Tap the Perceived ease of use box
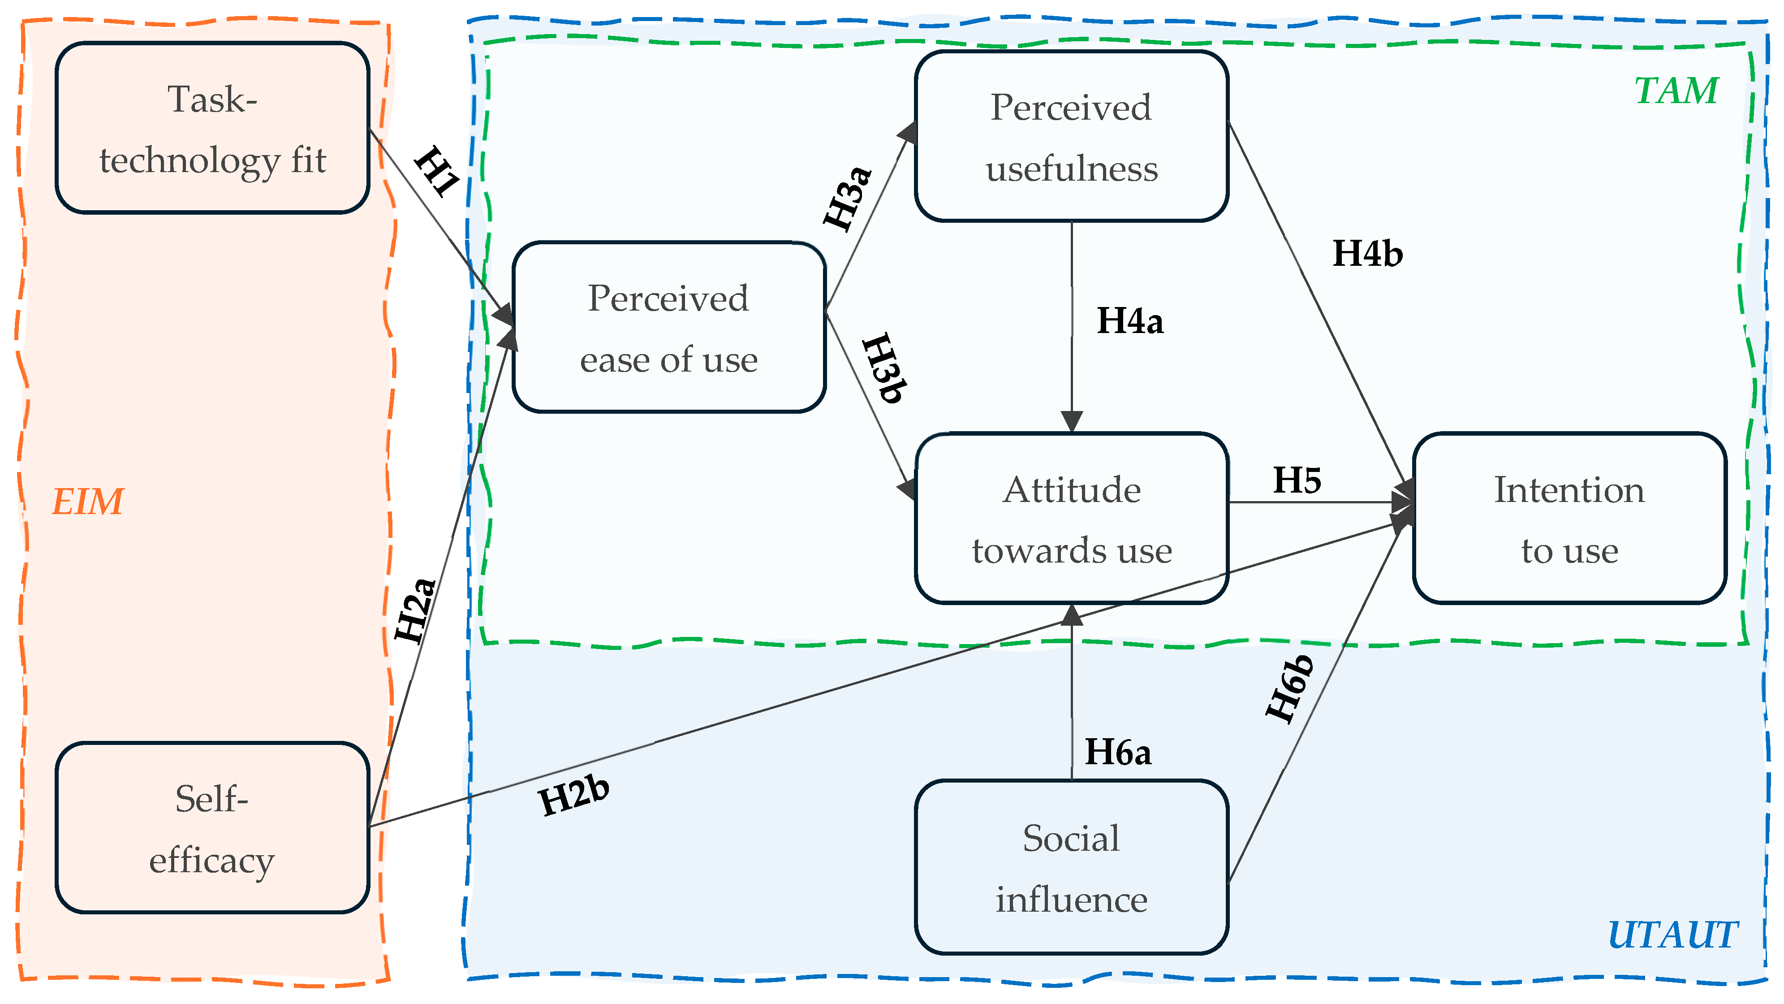[669, 327]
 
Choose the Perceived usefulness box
[1071, 137]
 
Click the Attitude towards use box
[1071, 518]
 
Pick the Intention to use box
[1569, 518]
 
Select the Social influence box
[1071, 867]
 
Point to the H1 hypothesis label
[437, 171]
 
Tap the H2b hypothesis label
[574, 796]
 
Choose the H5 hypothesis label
[1297, 480]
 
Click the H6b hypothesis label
[1289, 689]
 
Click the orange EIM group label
[88, 502]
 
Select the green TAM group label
[1676, 91]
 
